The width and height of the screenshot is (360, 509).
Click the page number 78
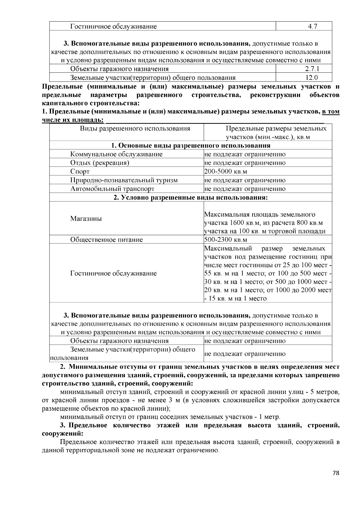[x=336, y=473]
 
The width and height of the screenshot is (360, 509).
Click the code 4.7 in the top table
[x=312, y=26]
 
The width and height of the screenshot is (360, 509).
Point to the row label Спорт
[x=80, y=171]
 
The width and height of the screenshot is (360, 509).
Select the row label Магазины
[x=86, y=219]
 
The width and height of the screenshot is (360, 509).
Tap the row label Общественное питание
[x=106, y=240]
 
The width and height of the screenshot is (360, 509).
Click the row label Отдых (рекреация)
[x=100, y=163]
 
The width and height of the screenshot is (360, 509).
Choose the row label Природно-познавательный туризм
[x=124, y=180]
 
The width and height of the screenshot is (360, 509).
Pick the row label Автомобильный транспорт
[x=112, y=189]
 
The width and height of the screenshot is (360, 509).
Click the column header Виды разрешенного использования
[x=135, y=129]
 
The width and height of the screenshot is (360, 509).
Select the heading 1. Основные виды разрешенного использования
[x=191, y=146]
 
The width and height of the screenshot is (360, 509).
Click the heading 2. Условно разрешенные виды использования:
[x=191, y=198]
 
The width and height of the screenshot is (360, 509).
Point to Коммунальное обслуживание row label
[x=116, y=154]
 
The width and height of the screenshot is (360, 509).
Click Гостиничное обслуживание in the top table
[x=113, y=26]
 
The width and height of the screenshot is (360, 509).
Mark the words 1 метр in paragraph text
[x=269, y=417]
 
